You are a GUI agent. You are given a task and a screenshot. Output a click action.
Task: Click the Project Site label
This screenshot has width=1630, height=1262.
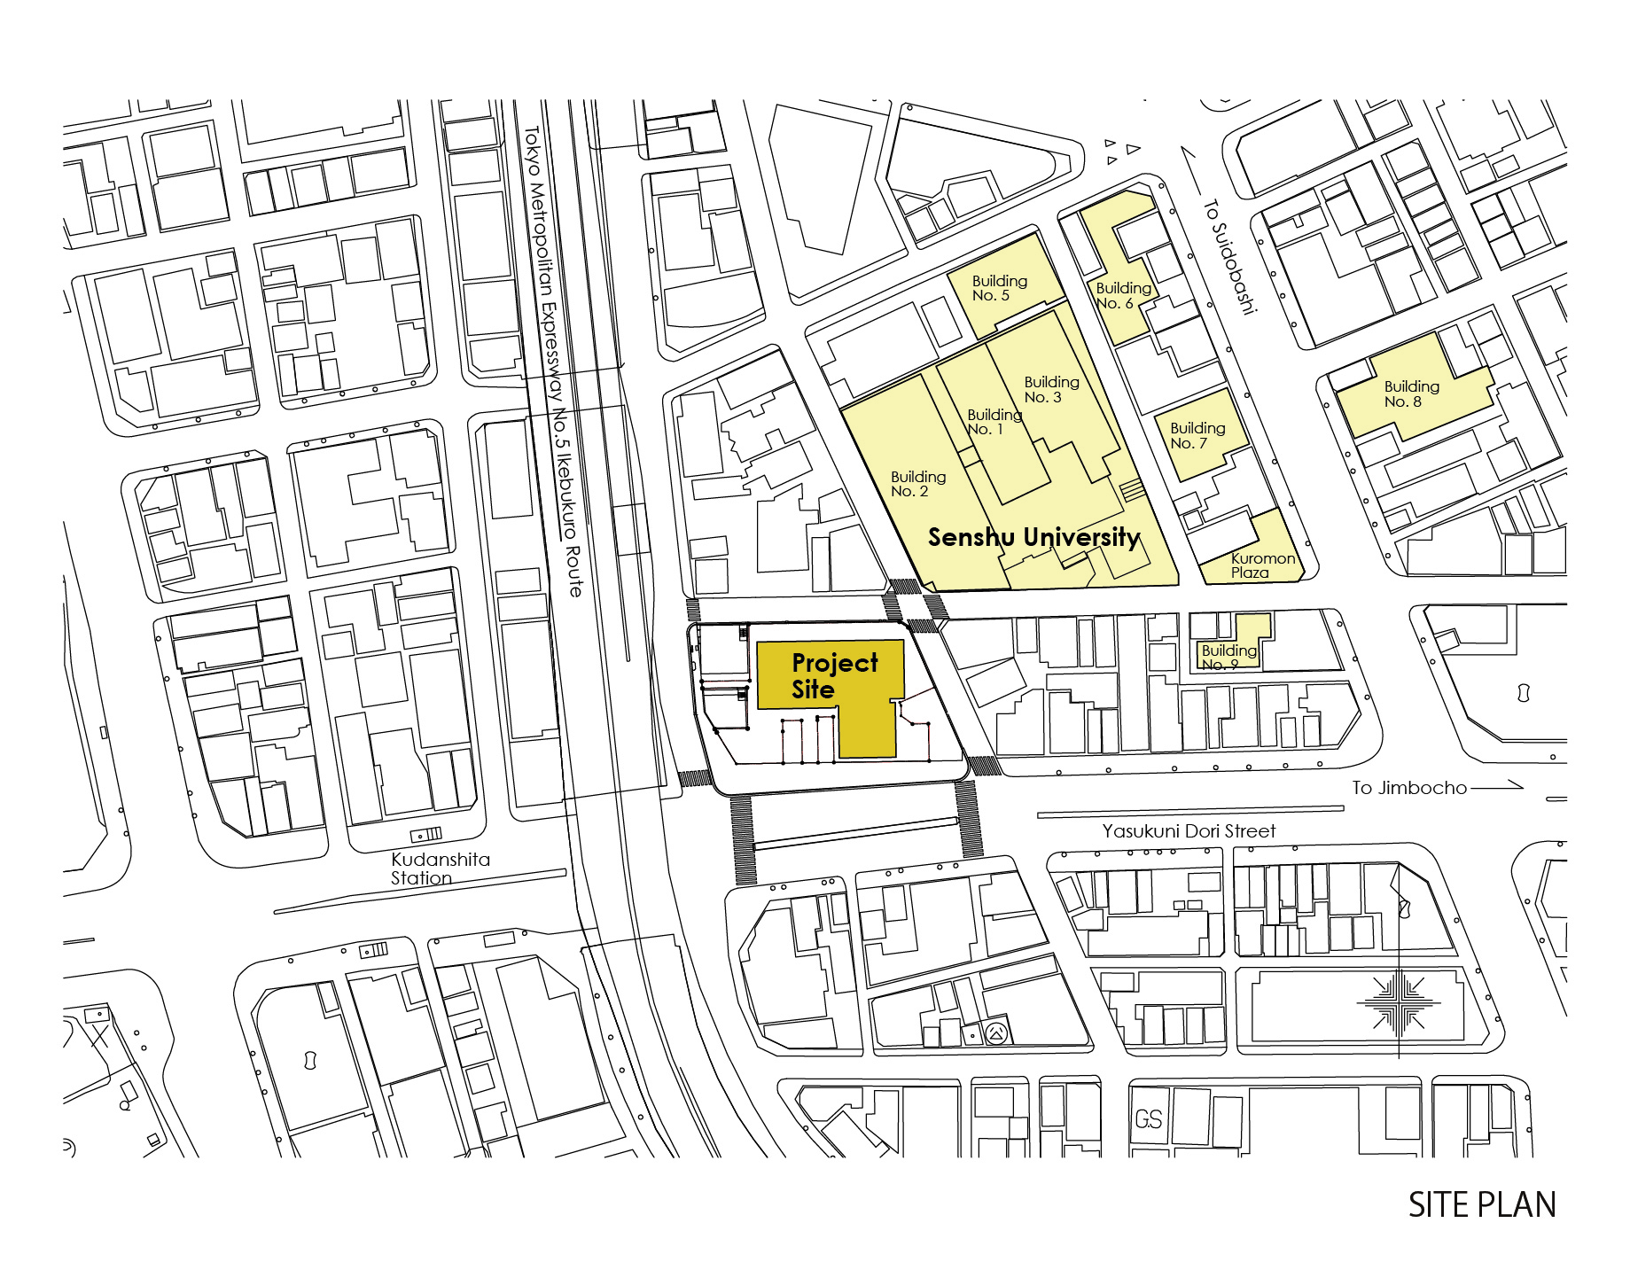tap(834, 676)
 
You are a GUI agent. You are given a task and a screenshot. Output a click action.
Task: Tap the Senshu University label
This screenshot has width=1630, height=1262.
tap(1033, 537)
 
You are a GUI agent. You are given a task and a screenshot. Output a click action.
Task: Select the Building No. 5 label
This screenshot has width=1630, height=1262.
tap(999, 288)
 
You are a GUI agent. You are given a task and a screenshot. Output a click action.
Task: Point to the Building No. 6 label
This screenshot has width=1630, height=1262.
tap(1122, 295)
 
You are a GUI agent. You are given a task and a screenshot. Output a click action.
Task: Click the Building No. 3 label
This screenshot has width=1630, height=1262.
tap(1051, 389)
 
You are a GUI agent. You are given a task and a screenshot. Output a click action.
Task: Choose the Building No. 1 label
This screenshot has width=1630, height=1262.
tap(994, 422)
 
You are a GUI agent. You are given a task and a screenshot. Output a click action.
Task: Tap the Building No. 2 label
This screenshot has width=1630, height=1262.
tap(917, 484)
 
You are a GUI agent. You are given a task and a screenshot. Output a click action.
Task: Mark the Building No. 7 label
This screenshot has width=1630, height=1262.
tap(1197, 435)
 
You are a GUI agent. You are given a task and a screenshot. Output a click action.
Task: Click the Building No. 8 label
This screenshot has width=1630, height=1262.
tap(1411, 393)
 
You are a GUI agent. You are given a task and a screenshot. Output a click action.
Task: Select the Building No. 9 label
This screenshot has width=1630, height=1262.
tap(1228, 657)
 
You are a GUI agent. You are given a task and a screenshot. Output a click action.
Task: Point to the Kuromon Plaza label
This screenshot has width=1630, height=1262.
tap(1262, 565)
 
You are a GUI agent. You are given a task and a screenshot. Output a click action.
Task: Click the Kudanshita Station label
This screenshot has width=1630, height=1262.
tap(440, 869)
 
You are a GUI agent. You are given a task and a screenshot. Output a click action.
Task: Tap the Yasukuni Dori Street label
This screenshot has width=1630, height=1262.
tap(1189, 831)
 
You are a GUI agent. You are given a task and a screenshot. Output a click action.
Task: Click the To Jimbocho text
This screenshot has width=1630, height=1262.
tap(1409, 788)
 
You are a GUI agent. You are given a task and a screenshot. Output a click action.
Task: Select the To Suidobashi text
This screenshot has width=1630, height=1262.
tap(1229, 257)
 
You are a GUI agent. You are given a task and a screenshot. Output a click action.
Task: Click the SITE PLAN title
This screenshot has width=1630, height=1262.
tap(1482, 1205)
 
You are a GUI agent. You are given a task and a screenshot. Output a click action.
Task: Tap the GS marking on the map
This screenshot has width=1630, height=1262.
tap(1149, 1120)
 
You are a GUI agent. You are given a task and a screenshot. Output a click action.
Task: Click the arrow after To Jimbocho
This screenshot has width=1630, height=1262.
tap(1498, 786)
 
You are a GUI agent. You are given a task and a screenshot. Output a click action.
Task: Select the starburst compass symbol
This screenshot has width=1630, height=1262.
tap(1398, 1003)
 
